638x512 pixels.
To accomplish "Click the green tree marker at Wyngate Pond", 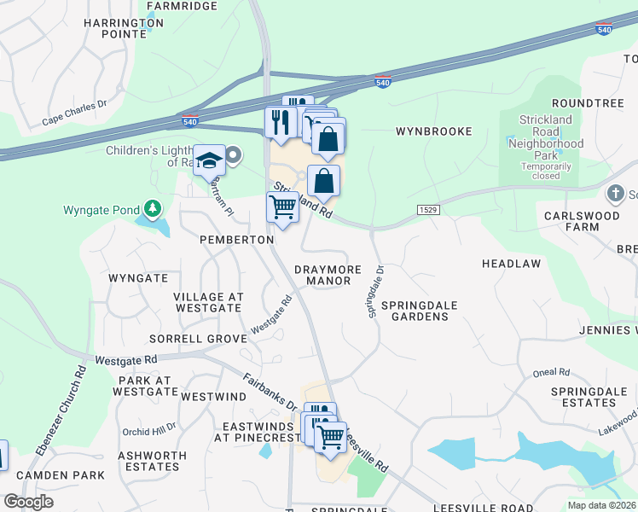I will (153, 208).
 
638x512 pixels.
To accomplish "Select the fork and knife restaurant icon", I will (280, 121).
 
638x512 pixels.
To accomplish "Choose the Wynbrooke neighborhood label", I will (433, 132).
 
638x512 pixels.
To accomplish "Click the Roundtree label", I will (594, 102).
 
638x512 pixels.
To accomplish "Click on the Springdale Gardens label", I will (415, 311).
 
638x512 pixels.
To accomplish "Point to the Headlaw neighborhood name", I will (511, 264).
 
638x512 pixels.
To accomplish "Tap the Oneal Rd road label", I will (551, 372).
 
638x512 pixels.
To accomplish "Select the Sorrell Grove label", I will (197, 339).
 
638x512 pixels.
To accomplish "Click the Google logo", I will (29, 502).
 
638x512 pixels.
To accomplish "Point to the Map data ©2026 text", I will (602, 504).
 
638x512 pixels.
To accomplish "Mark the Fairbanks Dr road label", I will (269, 392).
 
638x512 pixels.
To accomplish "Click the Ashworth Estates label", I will (148, 461).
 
